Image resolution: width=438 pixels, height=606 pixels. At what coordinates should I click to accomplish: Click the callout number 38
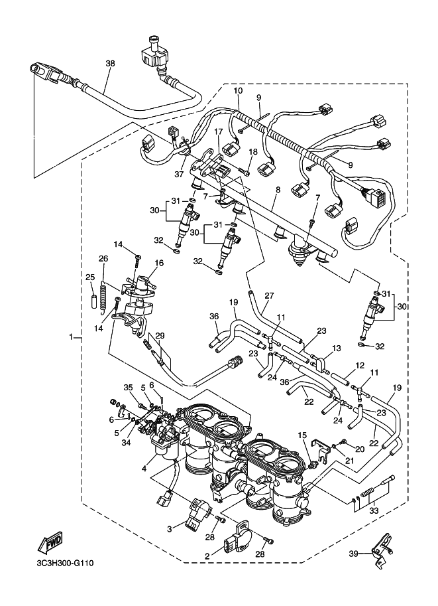coord(110,64)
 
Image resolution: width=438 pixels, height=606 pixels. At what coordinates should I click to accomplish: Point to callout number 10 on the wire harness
coord(238,90)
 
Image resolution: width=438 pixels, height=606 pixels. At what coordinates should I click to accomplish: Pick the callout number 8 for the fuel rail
coord(278,190)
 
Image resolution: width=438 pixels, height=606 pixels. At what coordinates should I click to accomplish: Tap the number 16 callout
coord(159,263)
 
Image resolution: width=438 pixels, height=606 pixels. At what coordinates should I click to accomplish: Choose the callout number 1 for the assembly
coord(72,337)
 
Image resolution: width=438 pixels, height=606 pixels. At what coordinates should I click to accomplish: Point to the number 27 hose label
coord(269,295)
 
